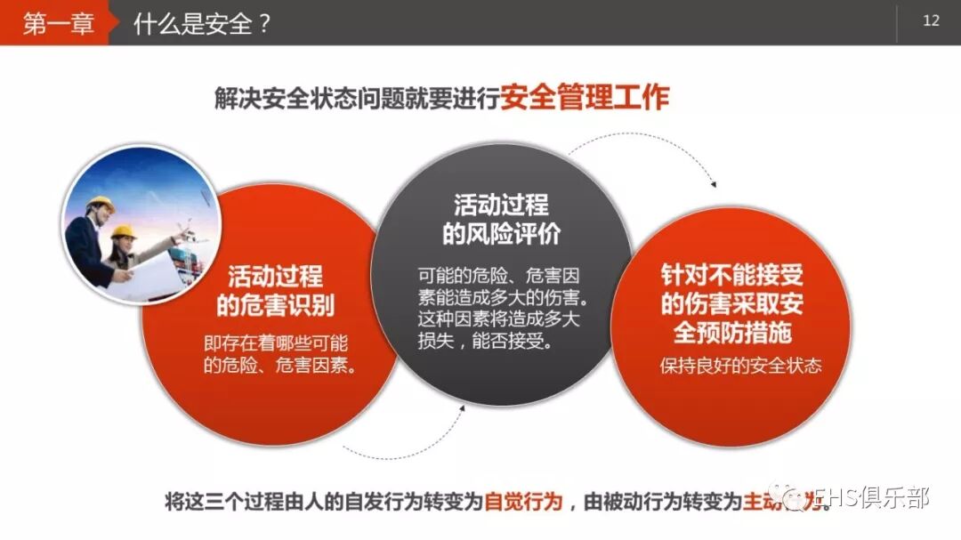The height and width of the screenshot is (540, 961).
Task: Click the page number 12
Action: point(931,21)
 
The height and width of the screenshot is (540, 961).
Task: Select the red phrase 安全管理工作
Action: point(584,97)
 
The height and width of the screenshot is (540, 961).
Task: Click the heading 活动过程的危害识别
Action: point(275,291)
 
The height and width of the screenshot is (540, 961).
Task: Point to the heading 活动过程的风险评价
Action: point(501,220)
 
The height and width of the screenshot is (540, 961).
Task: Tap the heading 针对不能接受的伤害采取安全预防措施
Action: point(731,303)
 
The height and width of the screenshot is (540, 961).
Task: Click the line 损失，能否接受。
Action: point(484,341)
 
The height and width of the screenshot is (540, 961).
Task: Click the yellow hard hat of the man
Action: point(100,204)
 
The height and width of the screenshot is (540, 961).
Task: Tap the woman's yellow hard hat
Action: point(123,232)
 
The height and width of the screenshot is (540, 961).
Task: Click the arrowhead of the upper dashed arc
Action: point(712,183)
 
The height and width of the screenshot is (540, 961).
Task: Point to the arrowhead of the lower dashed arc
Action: point(463,407)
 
